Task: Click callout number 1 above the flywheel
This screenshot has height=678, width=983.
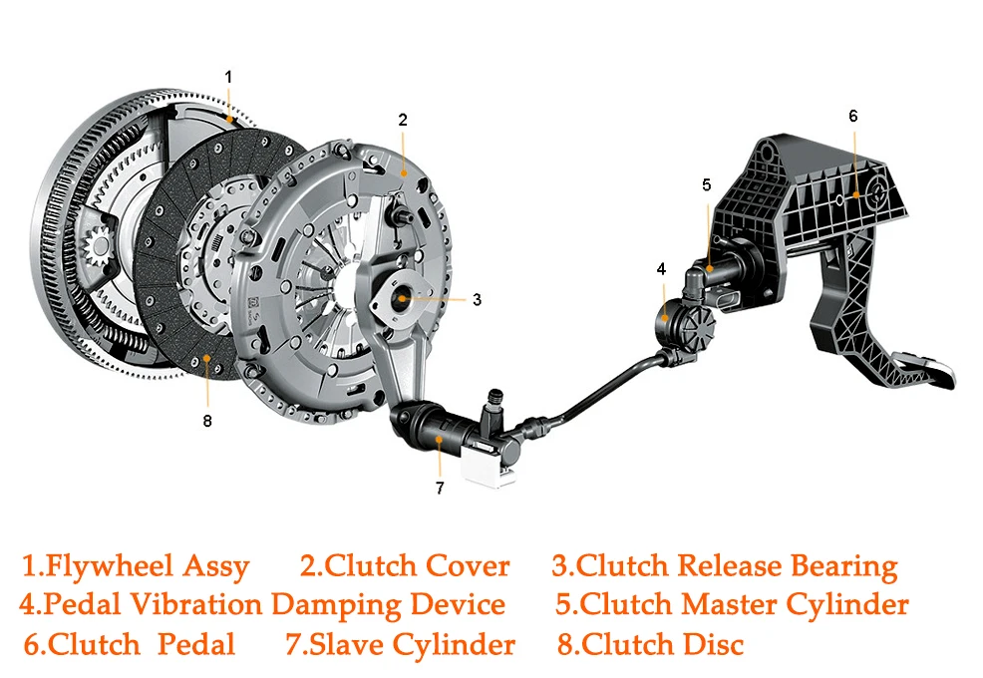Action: [229, 77]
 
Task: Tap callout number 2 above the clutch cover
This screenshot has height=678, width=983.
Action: [403, 120]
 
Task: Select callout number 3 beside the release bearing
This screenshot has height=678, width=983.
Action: [478, 300]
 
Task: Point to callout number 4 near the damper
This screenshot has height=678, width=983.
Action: [661, 269]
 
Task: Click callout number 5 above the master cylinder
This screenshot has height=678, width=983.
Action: [707, 185]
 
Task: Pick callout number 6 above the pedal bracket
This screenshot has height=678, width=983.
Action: [853, 116]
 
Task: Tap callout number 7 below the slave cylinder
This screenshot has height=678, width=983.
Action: [440, 488]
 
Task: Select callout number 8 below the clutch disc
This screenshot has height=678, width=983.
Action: [207, 421]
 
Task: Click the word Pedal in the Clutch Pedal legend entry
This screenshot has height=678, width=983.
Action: [196, 644]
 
